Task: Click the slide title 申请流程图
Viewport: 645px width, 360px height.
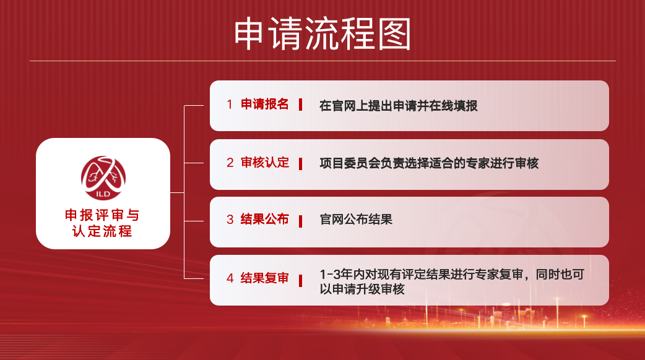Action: pyautogui.click(x=322, y=33)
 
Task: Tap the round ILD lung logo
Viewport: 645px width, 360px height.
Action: pyautogui.click(x=103, y=178)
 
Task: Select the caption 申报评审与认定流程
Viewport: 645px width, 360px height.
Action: pyautogui.click(x=102, y=223)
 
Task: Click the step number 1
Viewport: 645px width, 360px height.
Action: pyautogui.click(x=230, y=105)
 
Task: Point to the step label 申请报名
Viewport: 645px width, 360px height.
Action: pyautogui.click(x=264, y=105)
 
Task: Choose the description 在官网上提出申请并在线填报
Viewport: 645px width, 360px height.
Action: pyautogui.click(x=398, y=106)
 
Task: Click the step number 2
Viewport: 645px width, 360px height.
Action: pyautogui.click(x=230, y=163)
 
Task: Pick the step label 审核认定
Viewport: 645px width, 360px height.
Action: pyautogui.click(x=264, y=163)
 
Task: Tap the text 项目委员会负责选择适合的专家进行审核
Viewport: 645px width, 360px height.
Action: pyautogui.click(x=429, y=163)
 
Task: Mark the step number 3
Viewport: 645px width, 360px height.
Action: pyautogui.click(x=230, y=220)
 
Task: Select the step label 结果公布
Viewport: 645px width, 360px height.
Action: pyautogui.click(x=264, y=220)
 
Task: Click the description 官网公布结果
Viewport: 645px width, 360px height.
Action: pyautogui.click(x=356, y=220)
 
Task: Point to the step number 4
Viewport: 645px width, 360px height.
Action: pyautogui.click(x=230, y=278)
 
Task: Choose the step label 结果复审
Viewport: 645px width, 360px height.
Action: pyautogui.click(x=264, y=278)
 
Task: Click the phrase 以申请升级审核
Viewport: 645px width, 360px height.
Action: pyautogui.click(x=362, y=289)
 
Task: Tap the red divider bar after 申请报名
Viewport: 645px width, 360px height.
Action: pyautogui.click(x=301, y=105)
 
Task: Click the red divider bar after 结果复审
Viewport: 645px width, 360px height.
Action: pyautogui.click(x=301, y=281)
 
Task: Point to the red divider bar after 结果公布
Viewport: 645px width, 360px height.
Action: pyautogui.click(x=301, y=221)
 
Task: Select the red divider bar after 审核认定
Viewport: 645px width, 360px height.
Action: pyautogui.click(x=301, y=164)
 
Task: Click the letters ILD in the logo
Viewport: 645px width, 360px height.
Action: pyautogui.click(x=103, y=194)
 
